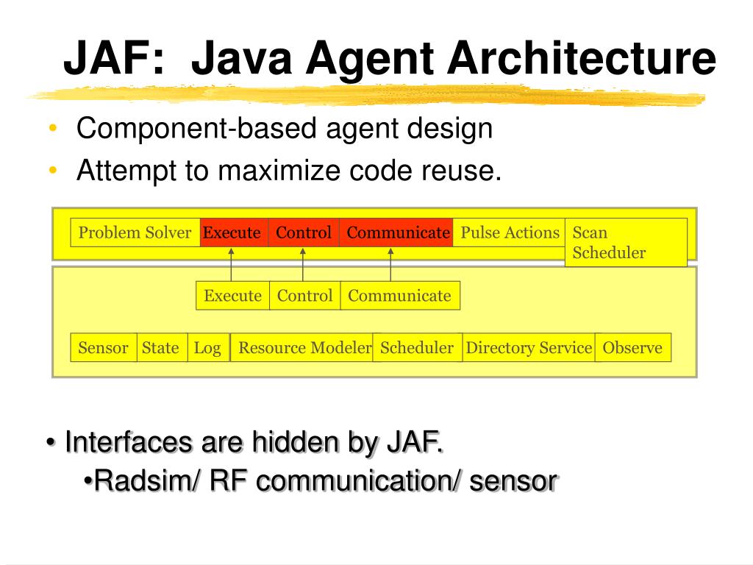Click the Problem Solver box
click(x=135, y=232)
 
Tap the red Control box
click(x=304, y=232)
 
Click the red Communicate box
click(x=397, y=232)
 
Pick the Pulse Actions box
click(x=509, y=232)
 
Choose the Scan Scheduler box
click(x=626, y=242)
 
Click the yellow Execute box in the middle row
click(x=233, y=296)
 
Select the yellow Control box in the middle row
click(x=304, y=296)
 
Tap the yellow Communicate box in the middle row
click(x=400, y=296)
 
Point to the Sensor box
click(x=104, y=348)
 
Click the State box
click(x=161, y=348)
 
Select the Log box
click(x=208, y=348)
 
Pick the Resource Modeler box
click(x=303, y=348)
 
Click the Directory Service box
click(x=529, y=348)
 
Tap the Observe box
click(x=632, y=348)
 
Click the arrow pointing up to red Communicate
click(x=390, y=264)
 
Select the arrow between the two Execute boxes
click(x=231, y=264)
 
